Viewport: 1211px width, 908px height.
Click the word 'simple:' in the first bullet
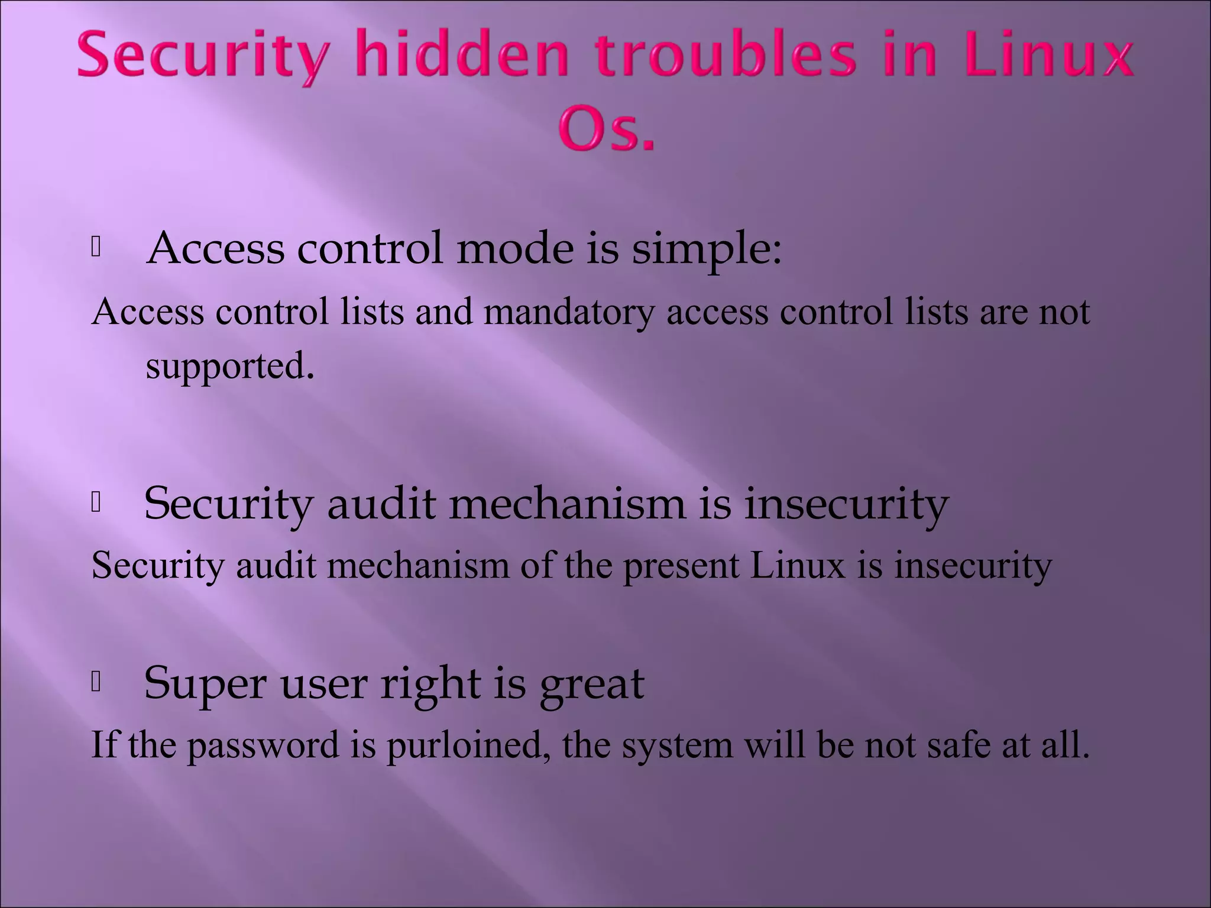tap(707, 249)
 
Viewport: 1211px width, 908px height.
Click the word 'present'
tap(681, 566)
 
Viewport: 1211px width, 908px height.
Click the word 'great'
tap(591, 684)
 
